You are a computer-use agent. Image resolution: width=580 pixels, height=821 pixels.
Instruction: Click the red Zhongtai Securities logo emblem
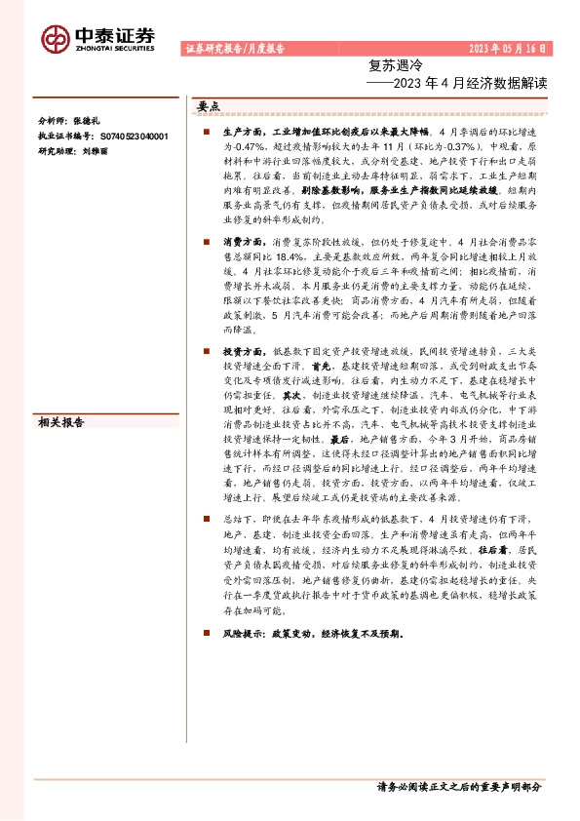(55, 38)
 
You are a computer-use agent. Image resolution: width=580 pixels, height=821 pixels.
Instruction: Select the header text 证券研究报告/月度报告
(234, 48)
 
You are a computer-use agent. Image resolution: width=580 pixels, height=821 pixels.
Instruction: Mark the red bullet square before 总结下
(207, 521)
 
